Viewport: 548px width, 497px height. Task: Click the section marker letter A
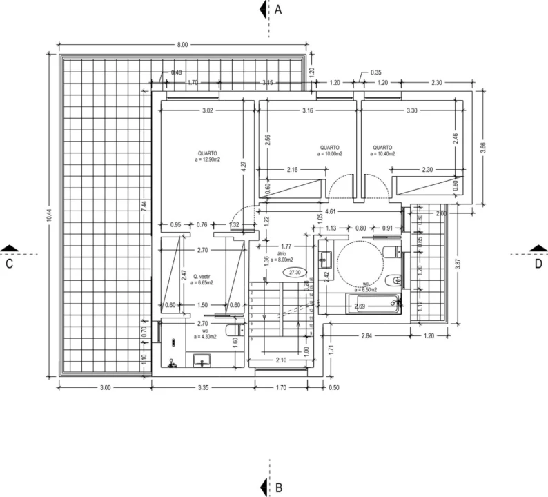(279, 10)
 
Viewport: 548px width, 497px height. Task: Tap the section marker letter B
(279, 487)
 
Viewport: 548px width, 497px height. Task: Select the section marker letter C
(10, 263)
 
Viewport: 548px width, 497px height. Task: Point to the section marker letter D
(538, 263)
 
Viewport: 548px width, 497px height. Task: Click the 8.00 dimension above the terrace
(182, 45)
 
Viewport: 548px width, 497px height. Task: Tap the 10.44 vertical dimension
(48, 215)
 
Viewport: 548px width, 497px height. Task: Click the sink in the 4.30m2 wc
(202, 360)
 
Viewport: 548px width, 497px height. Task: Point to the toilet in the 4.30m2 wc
(234, 331)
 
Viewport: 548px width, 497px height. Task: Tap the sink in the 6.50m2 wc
(326, 259)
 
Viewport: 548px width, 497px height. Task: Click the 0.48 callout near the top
(177, 72)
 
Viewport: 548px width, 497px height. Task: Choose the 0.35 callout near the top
(376, 72)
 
